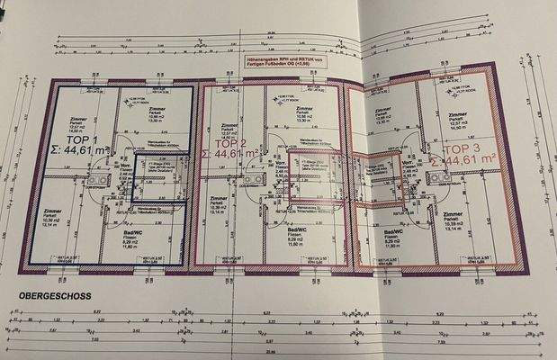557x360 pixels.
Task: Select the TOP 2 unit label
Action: click(x=231, y=143)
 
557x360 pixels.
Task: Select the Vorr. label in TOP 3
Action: click(x=413, y=163)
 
